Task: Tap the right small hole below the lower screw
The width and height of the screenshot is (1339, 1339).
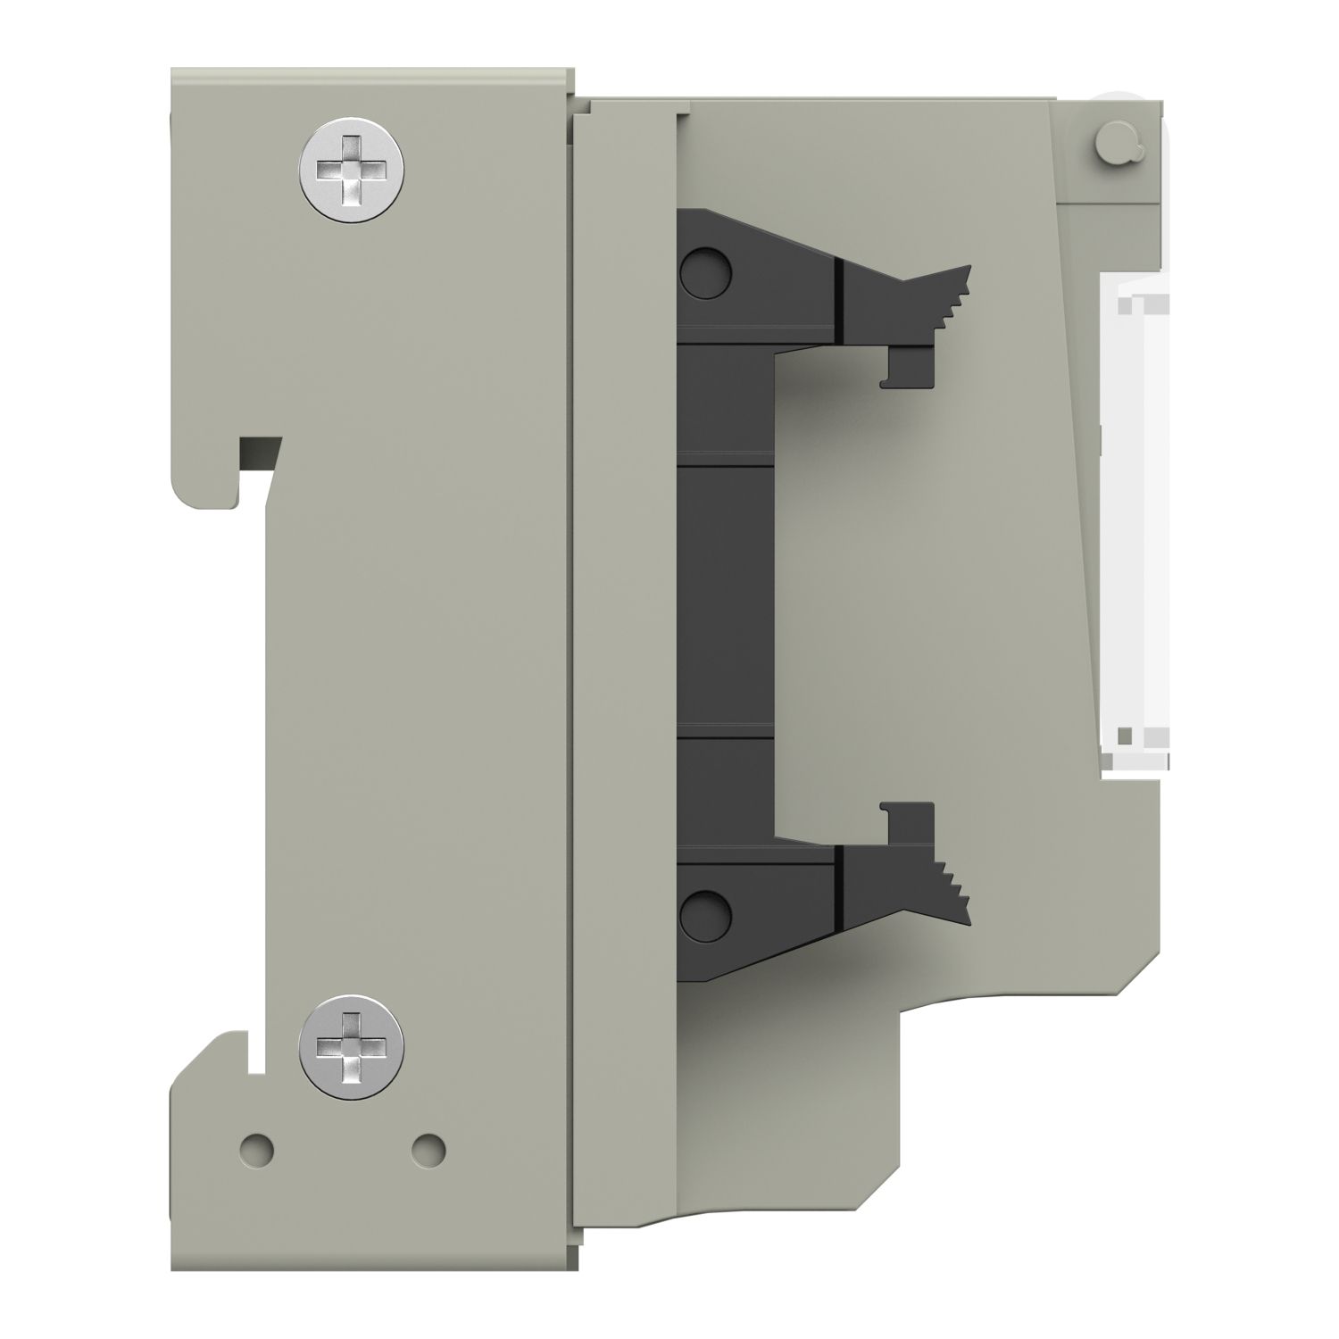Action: [429, 1144]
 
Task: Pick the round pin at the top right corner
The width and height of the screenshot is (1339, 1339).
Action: [1112, 143]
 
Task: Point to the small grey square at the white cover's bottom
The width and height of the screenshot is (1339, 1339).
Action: [1127, 736]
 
